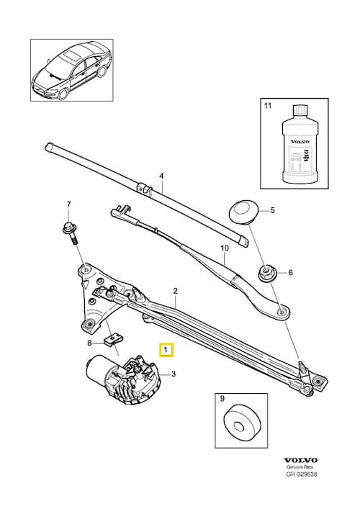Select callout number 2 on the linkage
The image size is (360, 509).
coord(174,291)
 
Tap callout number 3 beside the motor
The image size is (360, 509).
coord(173,374)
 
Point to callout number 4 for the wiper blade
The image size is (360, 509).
coord(161,176)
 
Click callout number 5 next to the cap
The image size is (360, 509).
coord(273,211)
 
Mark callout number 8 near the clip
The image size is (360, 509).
coord(90,343)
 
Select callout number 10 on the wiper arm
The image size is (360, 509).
coord(224,248)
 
